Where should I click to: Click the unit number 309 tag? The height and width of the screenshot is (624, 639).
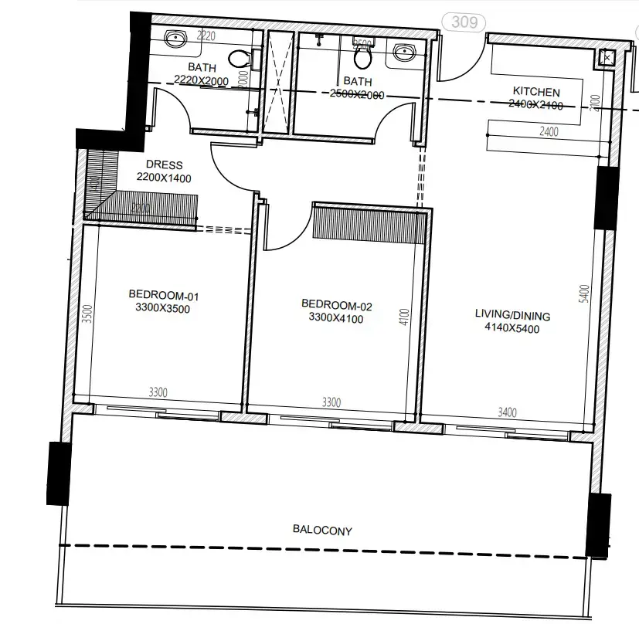(464, 22)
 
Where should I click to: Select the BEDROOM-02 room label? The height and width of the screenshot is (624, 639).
(336, 306)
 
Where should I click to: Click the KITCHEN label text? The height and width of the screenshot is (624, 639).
(535, 92)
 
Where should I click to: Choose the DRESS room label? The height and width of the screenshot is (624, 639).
(164, 164)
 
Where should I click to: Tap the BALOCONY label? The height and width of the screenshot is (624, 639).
(322, 531)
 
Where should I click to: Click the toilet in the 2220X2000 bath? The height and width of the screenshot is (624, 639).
(240, 57)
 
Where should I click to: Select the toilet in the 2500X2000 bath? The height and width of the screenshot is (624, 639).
(362, 55)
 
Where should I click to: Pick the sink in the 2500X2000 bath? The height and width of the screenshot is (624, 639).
(403, 52)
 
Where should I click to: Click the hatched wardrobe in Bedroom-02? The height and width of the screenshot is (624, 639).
(369, 223)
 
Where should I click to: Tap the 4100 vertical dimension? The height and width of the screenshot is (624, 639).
(403, 317)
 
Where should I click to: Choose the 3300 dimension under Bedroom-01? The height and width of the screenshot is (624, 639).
(158, 393)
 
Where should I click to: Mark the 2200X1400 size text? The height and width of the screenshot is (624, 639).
(163, 178)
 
